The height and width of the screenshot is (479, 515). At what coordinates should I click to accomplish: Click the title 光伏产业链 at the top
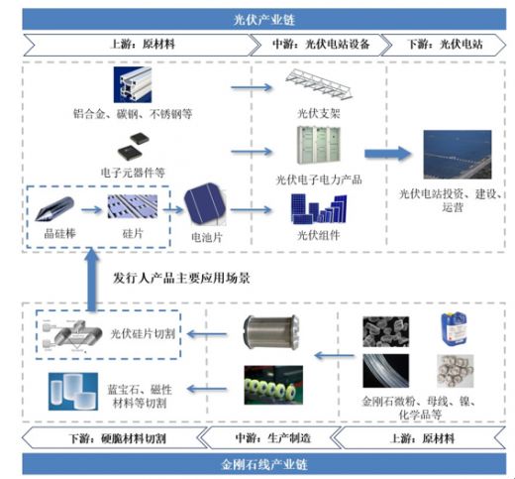pos(257,19)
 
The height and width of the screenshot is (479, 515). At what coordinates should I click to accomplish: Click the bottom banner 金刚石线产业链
pos(257,463)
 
